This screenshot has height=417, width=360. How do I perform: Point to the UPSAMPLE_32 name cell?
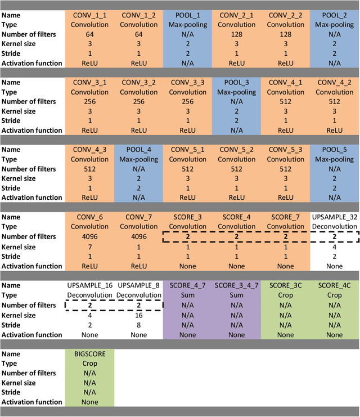coord(334,217)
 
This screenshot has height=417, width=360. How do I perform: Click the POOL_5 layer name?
coord(334,150)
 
